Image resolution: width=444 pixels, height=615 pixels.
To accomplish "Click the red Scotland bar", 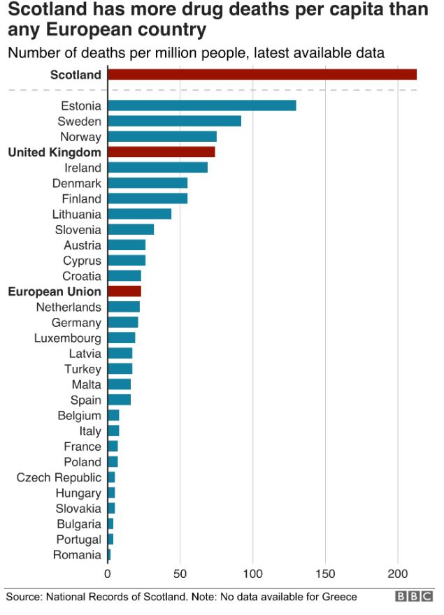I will point(262,75).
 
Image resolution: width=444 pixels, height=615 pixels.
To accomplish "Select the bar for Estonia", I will point(201,106).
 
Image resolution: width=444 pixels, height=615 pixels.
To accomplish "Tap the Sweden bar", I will point(174,121).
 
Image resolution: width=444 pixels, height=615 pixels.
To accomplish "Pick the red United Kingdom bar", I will point(161,152).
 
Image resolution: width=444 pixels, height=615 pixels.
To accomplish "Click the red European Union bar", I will point(124,291).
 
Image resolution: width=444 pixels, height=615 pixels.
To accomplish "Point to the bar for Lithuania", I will point(139,214).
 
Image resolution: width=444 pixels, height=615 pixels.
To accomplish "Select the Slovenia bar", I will point(131,229).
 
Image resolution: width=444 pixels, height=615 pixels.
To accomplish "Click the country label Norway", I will point(80,137).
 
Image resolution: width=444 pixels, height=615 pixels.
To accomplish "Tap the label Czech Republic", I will point(59,477).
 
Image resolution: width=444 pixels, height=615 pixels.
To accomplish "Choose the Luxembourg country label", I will point(67,338).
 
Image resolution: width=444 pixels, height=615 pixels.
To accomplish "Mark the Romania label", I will point(77,555).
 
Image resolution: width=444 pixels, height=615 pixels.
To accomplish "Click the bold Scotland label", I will point(76,75).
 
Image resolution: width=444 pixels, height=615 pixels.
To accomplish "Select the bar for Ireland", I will point(157,168).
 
